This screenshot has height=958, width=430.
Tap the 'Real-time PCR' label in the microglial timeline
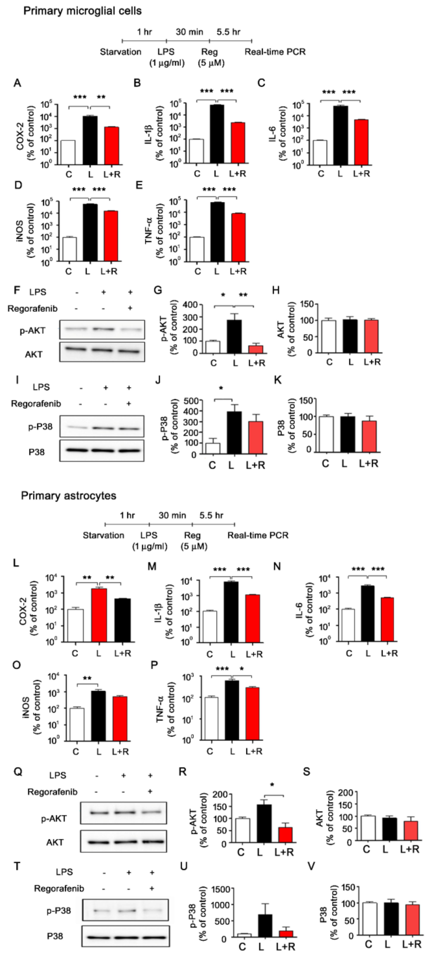pos(275,52)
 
